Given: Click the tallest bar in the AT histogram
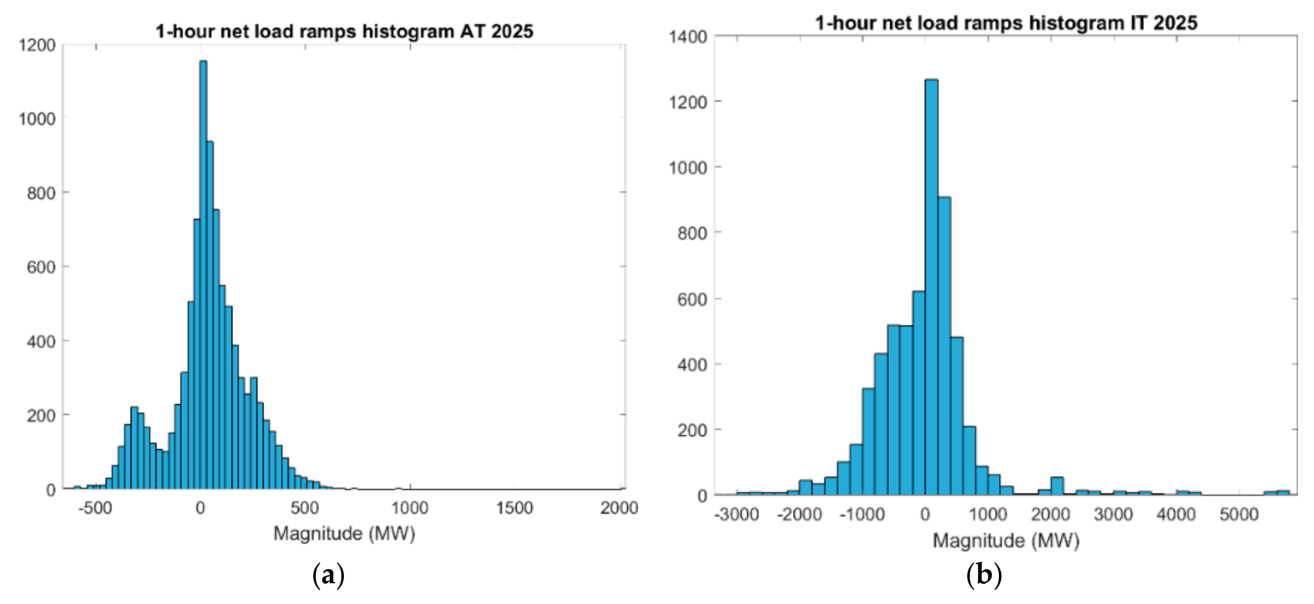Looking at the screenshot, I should pyautogui.click(x=203, y=276).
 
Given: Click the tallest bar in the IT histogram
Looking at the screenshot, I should pyautogui.click(x=931, y=286).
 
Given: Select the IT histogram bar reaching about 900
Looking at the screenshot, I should pyautogui.click(x=944, y=347).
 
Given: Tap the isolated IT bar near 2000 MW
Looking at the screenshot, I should pyautogui.click(x=1057, y=486).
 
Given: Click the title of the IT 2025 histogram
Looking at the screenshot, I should pyautogui.click(x=1006, y=23).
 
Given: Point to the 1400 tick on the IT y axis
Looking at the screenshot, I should pyautogui.click(x=687, y=37).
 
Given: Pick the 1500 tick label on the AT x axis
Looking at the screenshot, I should pyautogui.click(x=514, y=508).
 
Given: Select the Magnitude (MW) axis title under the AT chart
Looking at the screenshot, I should pyautogui.click(x=344, y=533).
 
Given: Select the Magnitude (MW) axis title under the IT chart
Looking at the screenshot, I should pyautogui.click(x=1006, y=541).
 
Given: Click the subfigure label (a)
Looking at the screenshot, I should pyautogui.click(x=328, y=575).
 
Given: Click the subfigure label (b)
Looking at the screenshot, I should pyautogui.click(x=984, y=575).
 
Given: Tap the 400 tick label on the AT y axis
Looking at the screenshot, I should pyautogui.click(x=41, y=341).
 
